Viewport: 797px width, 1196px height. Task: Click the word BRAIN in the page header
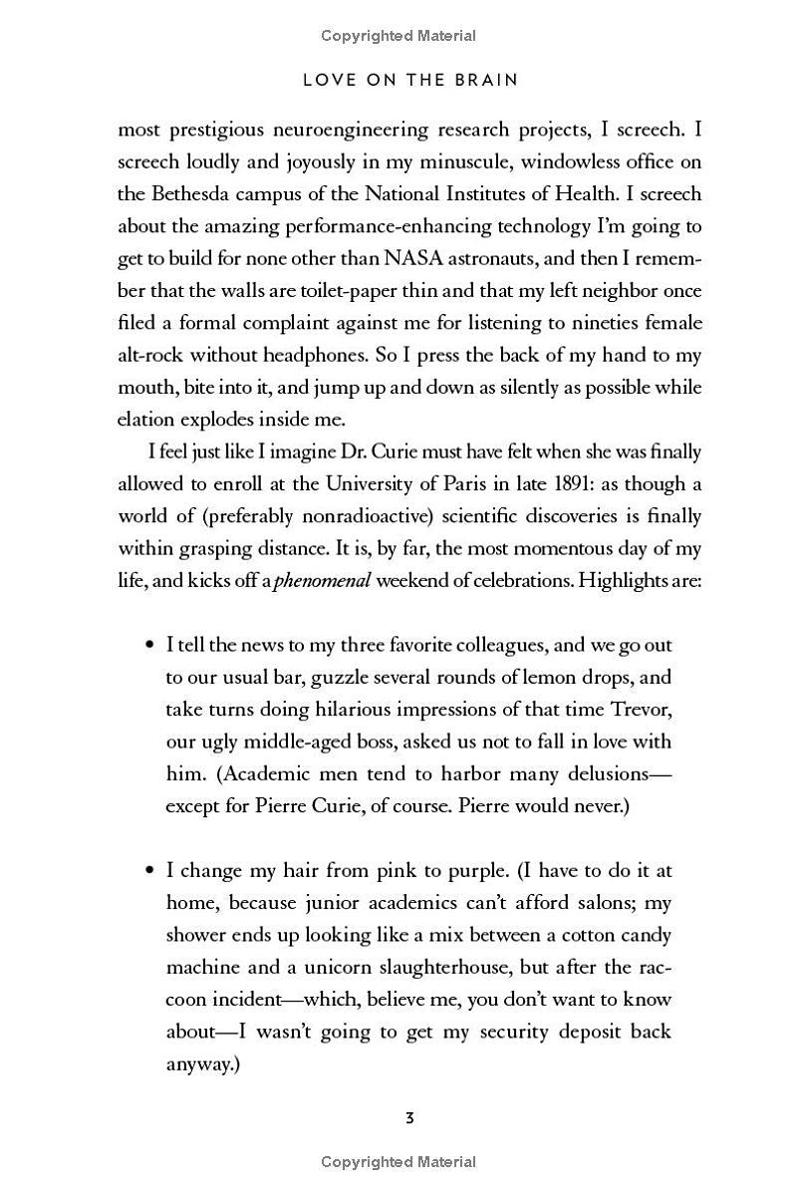(484, 80)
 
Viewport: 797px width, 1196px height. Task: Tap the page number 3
(409, 1118)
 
